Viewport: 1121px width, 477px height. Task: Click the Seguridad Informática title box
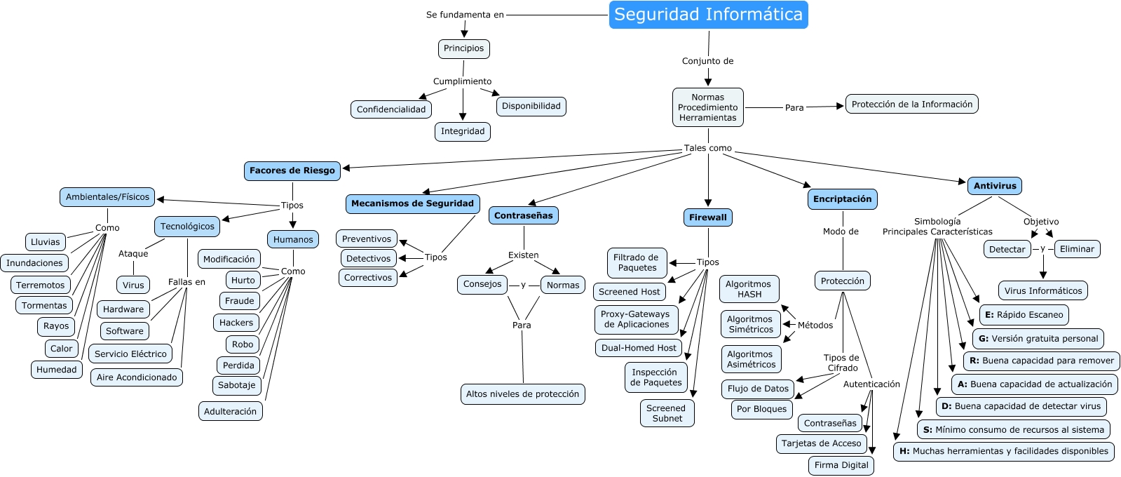pos(708,15)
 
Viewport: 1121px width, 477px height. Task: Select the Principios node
pos(463,48)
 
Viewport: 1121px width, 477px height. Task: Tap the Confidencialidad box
pos(391,109)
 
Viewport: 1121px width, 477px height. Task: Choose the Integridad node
pos(463,131)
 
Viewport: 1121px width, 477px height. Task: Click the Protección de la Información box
pos(911,105)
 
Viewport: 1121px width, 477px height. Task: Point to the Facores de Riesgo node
pos(292,170)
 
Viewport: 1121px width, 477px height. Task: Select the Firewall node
pos(708,217)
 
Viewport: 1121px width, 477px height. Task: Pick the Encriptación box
pos(842,199)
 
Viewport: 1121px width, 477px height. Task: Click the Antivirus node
pos(995,186)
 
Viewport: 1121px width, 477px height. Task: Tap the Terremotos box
pos(41,285)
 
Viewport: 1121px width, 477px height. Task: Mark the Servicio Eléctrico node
pos(130,354)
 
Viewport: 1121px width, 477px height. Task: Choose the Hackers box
pos(236,323)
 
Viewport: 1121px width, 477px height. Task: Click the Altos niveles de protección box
pos(522,394)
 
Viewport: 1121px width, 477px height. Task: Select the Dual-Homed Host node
pos(639,348)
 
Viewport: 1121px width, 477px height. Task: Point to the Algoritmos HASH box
pos(749,289)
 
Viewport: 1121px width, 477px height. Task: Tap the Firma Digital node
pos(841,465)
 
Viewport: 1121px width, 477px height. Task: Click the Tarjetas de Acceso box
pos(821,443)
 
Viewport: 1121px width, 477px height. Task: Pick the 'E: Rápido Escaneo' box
pos(1024,315)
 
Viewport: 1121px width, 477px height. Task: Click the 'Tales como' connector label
pos(708,148)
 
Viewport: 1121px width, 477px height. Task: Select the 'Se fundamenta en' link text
pos(465,15)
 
